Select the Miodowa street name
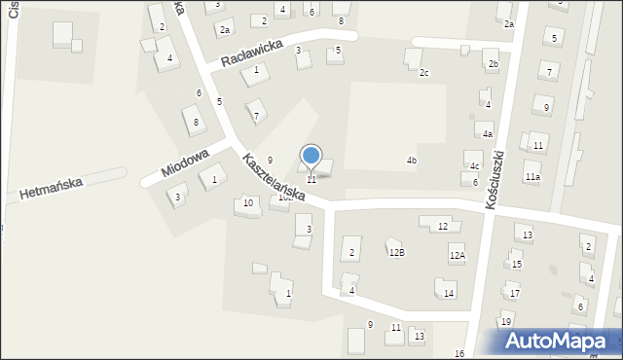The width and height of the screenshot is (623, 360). pos(185,161)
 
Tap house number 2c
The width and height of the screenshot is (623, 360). pos(423,73)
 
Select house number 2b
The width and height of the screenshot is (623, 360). pos(494,64)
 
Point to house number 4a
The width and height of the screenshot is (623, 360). pos(488,134)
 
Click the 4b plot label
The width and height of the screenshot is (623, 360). pos(412,161)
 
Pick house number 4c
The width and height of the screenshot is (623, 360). pos(475,166)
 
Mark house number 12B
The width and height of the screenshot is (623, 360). pos(397,252)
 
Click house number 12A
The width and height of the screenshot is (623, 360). pos(457,255)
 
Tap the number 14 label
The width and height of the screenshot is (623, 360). pos(449,293)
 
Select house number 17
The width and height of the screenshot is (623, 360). pos(515,293)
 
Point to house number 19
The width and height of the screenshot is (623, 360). pos(506,321)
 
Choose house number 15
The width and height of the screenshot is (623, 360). pos(517,264)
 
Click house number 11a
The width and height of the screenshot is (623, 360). pos(532,177)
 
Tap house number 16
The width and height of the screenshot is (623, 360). pos(459,353)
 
